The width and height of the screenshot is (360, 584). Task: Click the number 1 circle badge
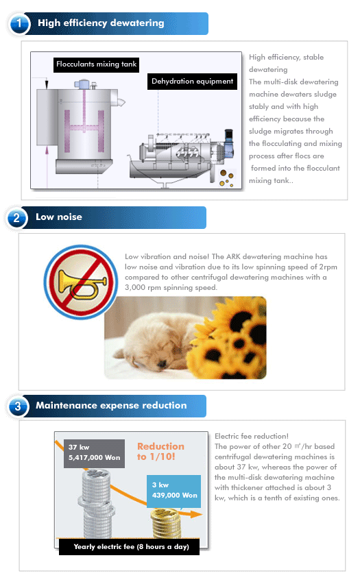(19, 24)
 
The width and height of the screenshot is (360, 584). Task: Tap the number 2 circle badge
(16, 218)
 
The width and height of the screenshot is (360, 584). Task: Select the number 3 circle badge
(18, 406)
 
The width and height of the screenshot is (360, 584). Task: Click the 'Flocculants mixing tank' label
(96, 64)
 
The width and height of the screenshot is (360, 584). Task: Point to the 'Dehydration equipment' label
(192, 81)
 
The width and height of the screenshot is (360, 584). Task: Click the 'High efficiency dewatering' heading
(101, 23)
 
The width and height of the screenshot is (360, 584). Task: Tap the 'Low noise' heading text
(59, 217)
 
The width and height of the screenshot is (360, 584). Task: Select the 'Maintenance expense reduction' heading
(111, 405)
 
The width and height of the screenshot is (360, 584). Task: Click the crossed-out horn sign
(81, 282)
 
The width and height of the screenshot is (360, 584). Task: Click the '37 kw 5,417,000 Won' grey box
(94, 453)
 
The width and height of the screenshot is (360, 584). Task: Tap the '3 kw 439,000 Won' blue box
(173, 491)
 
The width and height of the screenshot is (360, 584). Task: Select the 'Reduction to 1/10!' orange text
(160, 452)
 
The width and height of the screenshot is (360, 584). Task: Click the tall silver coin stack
(96, 504)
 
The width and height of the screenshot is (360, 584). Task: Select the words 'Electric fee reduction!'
(252, 436)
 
